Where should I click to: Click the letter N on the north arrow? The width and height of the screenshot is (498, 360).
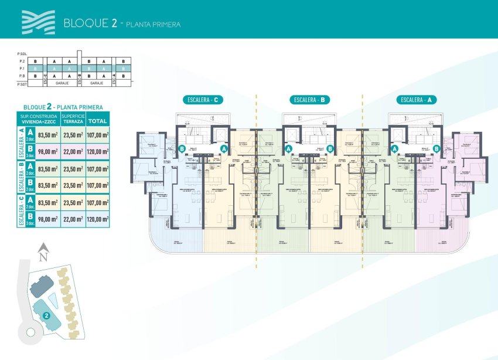coord(42,256)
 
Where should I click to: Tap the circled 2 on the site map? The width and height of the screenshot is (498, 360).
coord(46,315)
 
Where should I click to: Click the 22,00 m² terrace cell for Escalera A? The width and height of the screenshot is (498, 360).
coord(73,151)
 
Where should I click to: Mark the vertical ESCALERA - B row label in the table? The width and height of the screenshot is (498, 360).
coord(21,178)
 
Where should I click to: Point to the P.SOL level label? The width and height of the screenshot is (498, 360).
coord(22,53)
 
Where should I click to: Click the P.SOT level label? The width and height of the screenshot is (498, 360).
coord(22,84)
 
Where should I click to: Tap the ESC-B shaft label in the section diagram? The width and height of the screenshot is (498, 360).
coord(80,79)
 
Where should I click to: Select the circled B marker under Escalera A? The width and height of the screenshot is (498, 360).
coord(436,149)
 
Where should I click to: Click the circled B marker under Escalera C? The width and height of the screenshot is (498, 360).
coord(182,149)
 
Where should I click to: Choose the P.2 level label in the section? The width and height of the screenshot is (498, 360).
coord(22,61)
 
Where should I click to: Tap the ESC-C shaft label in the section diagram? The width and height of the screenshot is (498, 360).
coord(45,79)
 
